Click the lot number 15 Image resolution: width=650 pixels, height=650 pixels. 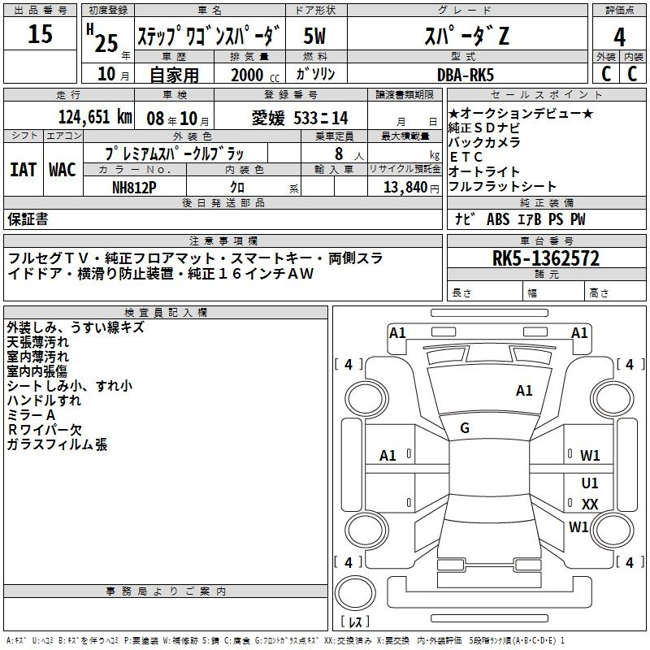[x=40, y=34]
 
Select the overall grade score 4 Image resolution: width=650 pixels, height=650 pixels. [x=619, y=37]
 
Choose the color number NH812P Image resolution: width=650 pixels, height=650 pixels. [x=135, y=187]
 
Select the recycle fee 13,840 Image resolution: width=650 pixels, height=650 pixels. [x=403, y=187]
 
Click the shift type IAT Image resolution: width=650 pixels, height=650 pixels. [x=23, y=169]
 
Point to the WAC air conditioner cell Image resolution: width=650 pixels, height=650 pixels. [x=62, y=169]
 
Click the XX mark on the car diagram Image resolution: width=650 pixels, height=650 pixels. [x=590, y=505]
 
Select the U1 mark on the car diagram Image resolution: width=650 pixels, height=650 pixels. [x=590, y=483]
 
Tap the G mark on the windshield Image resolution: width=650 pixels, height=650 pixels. [x=465, y=428]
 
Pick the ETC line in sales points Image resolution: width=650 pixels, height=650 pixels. [x=466, y=157]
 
